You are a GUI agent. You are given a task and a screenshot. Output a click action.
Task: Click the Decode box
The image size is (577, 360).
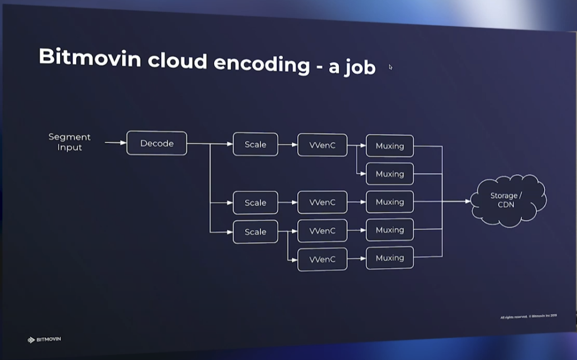157,143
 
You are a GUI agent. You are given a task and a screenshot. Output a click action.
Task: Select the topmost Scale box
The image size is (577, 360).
255,144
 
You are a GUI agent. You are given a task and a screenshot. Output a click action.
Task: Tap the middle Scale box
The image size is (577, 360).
255,202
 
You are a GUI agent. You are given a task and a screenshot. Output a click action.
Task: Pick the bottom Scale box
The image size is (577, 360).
255,232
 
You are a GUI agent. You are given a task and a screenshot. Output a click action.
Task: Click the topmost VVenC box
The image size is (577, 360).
322,145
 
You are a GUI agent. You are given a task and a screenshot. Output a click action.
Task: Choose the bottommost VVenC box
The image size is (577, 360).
322,260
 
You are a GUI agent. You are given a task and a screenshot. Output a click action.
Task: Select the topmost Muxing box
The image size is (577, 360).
389,146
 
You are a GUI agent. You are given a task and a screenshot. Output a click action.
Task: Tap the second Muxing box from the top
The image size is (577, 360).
389,174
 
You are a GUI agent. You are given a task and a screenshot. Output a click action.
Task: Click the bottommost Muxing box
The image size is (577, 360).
389,258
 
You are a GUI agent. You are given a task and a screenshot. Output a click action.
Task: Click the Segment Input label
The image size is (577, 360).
70,142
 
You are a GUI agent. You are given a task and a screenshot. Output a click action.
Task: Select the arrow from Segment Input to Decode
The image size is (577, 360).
115,143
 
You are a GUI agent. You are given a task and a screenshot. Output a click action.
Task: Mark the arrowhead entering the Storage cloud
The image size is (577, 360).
467,201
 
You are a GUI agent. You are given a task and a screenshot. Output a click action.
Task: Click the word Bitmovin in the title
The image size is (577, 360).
90,57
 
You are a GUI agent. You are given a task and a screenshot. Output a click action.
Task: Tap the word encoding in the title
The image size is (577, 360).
262,63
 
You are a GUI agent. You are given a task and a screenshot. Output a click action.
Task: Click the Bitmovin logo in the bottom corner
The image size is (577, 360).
44,339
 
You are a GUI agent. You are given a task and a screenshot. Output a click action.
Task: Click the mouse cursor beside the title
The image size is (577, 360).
390,67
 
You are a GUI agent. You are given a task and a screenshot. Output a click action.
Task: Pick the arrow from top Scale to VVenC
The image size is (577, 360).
287,145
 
